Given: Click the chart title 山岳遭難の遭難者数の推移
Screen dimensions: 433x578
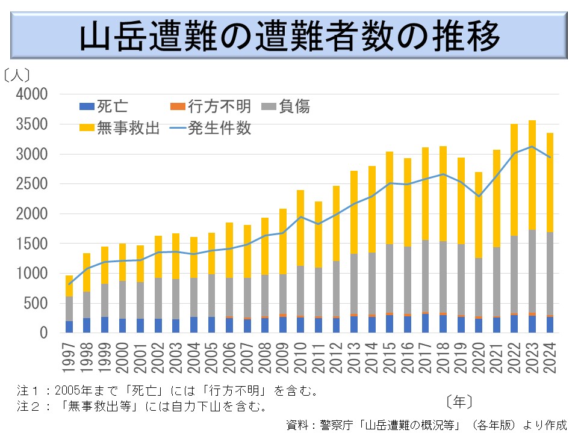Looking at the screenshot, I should [290, 37].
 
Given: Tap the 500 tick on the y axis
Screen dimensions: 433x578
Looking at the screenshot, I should [38, 303].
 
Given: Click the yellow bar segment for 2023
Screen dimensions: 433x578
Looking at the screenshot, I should [532, 174].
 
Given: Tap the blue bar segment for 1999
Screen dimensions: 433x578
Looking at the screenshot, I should [105, 325].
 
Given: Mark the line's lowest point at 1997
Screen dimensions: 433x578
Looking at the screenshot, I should [70, 284].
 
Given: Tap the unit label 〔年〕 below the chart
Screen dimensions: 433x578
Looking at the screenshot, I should [459, 400].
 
